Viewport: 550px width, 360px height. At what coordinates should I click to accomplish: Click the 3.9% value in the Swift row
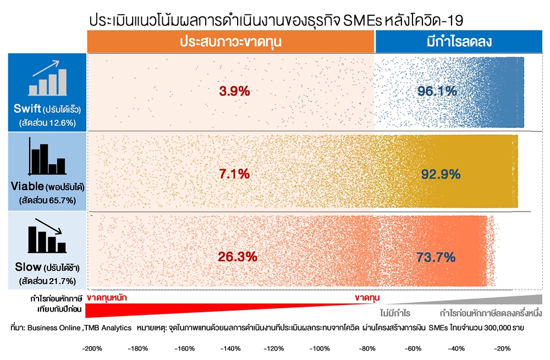pyautogui.click(x=234, y=91)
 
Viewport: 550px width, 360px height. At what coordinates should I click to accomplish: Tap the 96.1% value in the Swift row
pyautogui.click(x=437, y=91)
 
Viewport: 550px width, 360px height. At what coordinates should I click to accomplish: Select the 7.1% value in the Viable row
pyautogui.click(x=234, y=174)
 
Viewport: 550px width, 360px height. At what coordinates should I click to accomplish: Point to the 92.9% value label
pyautogui.click(x=441, y=174)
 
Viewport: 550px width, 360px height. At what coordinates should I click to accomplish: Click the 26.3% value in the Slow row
pyautogui.click(x=238, y=257)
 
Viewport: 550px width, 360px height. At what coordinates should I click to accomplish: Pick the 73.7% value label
pyautogui.click(x=436, y=257)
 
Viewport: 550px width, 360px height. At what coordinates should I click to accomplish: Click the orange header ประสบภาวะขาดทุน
pyautogui.click(x=231, y=42)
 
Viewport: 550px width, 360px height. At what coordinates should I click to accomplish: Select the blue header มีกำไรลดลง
pyautogui.click(x=459, y=42)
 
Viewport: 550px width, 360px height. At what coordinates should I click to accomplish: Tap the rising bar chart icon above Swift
pyautogui.click(x=47, y=78)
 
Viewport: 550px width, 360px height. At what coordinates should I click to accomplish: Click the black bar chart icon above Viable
pyautogui.click(x=47, y=156)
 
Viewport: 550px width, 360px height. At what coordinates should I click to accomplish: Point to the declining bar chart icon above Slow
pyautogui.click(x=47, y=236)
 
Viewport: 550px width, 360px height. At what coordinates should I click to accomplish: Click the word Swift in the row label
pyautogui.click(x=28, y=109)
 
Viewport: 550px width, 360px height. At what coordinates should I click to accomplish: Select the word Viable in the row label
pyautogui.click(x=28, y=186)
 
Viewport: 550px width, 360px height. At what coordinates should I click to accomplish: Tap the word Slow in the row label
pyautogui.click(x=28, y=267)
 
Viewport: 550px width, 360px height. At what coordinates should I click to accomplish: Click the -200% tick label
pyautogui.click(x=92, y=348)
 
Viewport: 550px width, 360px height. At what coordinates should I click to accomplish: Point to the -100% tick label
pyautogui.click(x=320, y=348)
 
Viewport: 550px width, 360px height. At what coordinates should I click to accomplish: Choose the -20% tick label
pyautogui.click(x=502, y=348)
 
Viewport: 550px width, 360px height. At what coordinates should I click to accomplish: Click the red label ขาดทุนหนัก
pyautogui.click(x=107, y=298)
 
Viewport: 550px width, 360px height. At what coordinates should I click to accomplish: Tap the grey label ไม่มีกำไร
pyautogui.click(x=395, y=313)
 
